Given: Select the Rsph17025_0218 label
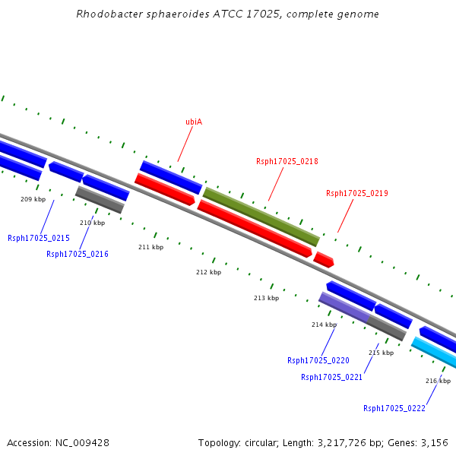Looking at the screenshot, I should click(287, 161).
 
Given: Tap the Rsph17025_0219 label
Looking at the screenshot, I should click(357, 193).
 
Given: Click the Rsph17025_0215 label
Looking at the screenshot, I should click(39, 238).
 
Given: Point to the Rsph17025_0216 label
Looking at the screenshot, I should click(78, 254).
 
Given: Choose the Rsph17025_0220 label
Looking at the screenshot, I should click(318, 360).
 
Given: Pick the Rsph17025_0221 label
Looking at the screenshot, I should click(332, 377).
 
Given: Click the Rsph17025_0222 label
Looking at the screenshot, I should click(394, 408).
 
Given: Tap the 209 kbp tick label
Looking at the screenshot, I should click(33, 199).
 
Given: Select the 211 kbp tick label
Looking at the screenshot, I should click(150, 247).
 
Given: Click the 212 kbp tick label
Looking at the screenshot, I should click(208, 272).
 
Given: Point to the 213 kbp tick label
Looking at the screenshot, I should click(266, 298).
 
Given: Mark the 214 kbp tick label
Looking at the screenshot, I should click(324, 325).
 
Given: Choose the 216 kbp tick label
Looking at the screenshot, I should click(438, 381).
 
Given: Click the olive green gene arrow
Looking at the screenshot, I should click(261, 217).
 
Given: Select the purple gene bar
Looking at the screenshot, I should click(344, 307).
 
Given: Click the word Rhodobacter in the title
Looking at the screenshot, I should click(106, 14).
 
